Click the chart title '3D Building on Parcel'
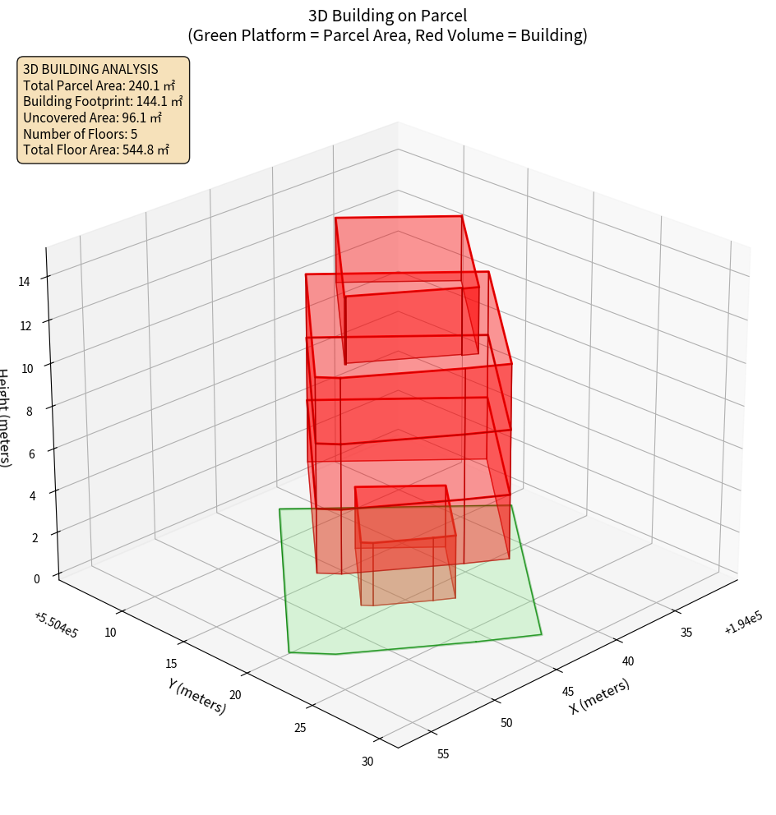click(388, 15)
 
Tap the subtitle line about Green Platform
click(388, 35)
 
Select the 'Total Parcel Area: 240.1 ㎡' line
click(99, 85)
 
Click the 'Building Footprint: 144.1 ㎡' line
click(103, 101)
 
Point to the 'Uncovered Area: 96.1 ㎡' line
click(92, 117)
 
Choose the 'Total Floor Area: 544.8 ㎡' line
click(96, 150)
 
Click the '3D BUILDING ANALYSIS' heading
click(90, 69)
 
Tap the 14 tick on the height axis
click(25, 282)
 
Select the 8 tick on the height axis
click(29, 409)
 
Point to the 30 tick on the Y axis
click(367, 762)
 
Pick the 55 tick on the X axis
click(443, 754)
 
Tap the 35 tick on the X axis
click(686, 631)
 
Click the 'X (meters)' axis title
click(600, 696)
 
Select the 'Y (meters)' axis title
click(197, 694)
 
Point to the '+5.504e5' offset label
click(56, 625)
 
